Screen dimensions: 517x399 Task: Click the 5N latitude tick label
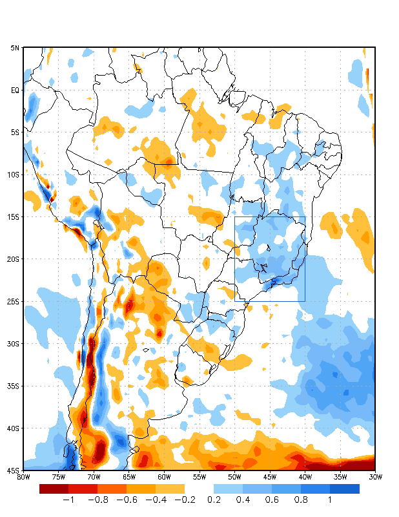click(15, 48)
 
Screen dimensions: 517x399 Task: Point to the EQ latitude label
click(15, 90)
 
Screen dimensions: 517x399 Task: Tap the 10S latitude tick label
click(14, 174)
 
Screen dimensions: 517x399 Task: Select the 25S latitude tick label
click(14, 302)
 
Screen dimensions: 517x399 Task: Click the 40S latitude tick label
click(14, 428)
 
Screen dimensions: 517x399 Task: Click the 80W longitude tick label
click(23, 477)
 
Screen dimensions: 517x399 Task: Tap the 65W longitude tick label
click(128, 477)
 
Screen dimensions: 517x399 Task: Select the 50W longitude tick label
click(234, 477)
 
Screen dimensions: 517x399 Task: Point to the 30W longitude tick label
click(375, 477)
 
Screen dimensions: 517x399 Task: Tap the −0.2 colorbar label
click(185, 500)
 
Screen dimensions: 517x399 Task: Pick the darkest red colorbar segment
click(54, 489)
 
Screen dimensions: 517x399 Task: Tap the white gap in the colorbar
click(199, 489)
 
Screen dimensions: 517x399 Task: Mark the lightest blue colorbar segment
click(228, 489)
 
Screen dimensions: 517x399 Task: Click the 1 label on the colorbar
click(330, 500)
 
